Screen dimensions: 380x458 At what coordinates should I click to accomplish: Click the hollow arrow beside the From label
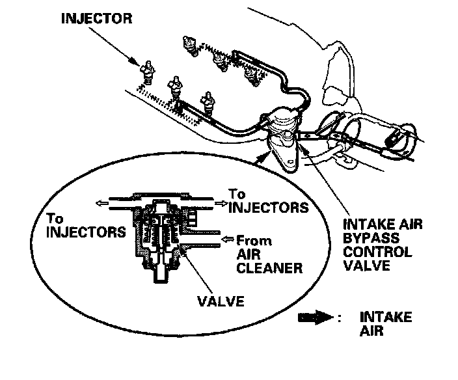[226, 240]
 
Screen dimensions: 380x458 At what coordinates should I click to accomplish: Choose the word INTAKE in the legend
[385, 317]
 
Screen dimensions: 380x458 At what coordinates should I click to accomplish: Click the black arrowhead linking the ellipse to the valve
[262, 157]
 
